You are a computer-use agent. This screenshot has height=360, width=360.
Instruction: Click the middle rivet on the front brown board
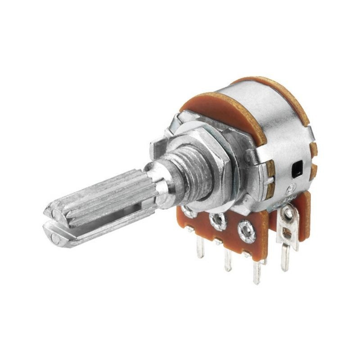[x=219, y=221]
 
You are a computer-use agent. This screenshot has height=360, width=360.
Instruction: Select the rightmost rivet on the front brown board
[x=246, y=231]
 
